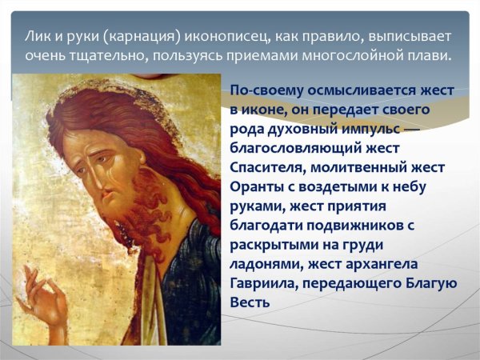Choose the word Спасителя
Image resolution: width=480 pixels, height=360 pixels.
[268, 167]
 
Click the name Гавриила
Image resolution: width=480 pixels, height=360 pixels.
[261, 283]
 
